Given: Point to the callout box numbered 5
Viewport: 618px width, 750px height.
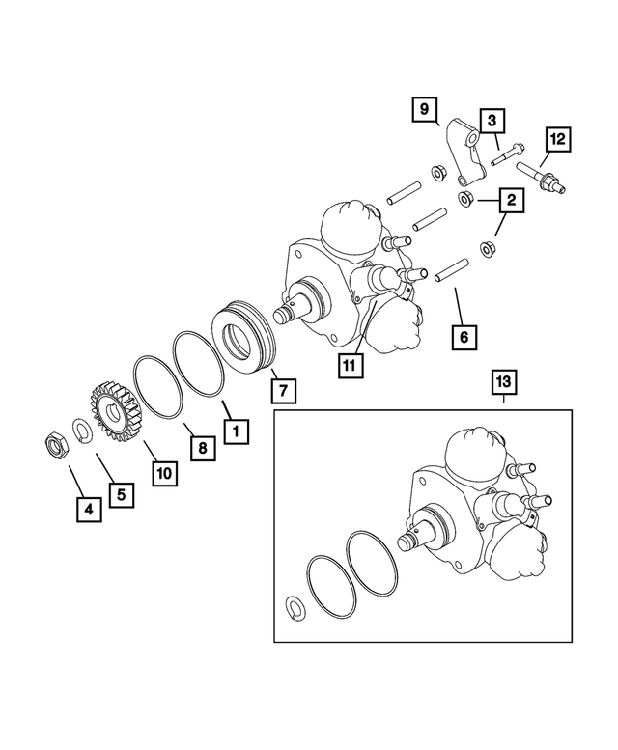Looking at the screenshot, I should click(x=121, y=492).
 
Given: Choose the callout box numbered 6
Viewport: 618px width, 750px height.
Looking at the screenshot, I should click(x=463, y=337).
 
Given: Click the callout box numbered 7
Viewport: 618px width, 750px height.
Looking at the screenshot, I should click(x=283, y=390).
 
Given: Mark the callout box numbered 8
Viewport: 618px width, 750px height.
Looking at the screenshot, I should click(x=201, y=447).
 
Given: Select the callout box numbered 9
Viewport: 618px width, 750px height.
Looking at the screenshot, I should click(x=424, y=109).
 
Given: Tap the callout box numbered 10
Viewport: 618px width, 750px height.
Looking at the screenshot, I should click(x=164, y=472).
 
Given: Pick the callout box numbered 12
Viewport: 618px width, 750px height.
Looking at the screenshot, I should click(x=556, y=140).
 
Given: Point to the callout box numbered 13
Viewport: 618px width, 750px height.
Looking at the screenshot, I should click(x=504, y=381).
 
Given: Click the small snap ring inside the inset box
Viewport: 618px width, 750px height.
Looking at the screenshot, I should click(x=297, y=605).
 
